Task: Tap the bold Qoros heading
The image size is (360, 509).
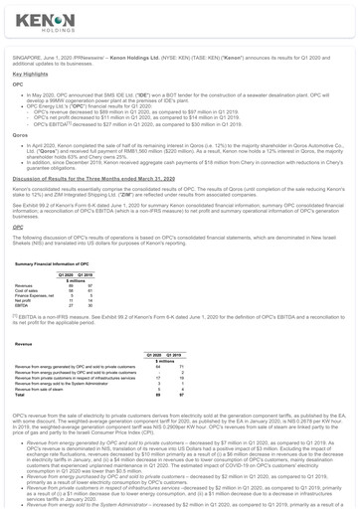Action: point(19,135)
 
